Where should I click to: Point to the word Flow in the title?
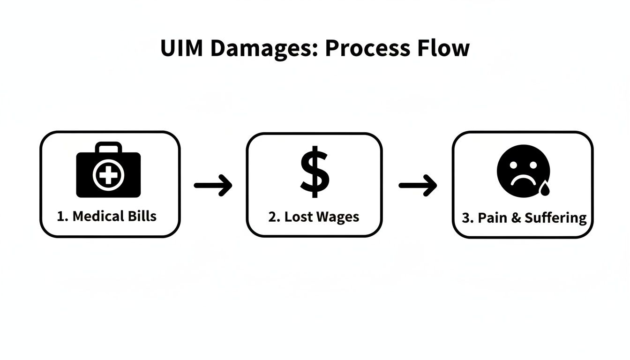point(444,49)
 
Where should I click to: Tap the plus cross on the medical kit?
point(108,176)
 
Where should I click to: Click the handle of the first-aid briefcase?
point(108,148)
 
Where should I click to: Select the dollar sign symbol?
point(315,172)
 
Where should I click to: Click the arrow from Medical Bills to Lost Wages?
point(213,185)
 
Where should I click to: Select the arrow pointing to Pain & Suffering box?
point(418,186)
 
